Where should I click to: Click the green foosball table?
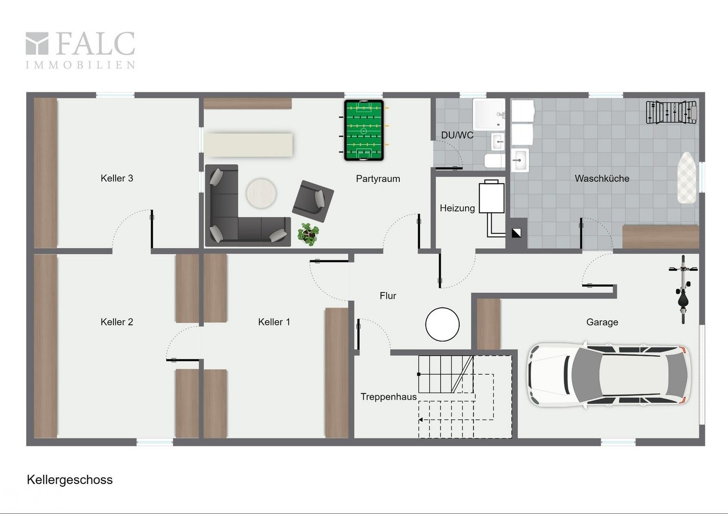coord(364,130)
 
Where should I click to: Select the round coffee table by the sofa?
coord(261,194)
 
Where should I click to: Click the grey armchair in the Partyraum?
coord(313,201)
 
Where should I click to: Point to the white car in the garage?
coord(609,375)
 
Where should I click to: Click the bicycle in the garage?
coord(683,289)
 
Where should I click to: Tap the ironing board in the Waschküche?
coord(687,178)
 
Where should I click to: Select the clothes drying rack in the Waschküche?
coord(671,112)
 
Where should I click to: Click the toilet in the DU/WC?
coord(495,160)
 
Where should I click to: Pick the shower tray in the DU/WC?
coord(489,114)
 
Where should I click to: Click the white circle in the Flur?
coord(442,324)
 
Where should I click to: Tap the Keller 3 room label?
coord(117,178)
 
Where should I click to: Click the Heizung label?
coord(457,208)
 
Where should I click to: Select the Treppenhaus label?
coord(388,397)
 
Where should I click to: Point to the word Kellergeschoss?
coord(70,480)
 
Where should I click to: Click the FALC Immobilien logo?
coord(80,50)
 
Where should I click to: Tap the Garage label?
coord(602,322)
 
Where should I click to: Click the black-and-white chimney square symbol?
coord(516,233)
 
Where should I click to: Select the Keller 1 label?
coord(273,322)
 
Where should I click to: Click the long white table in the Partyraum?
coord(249,145)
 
